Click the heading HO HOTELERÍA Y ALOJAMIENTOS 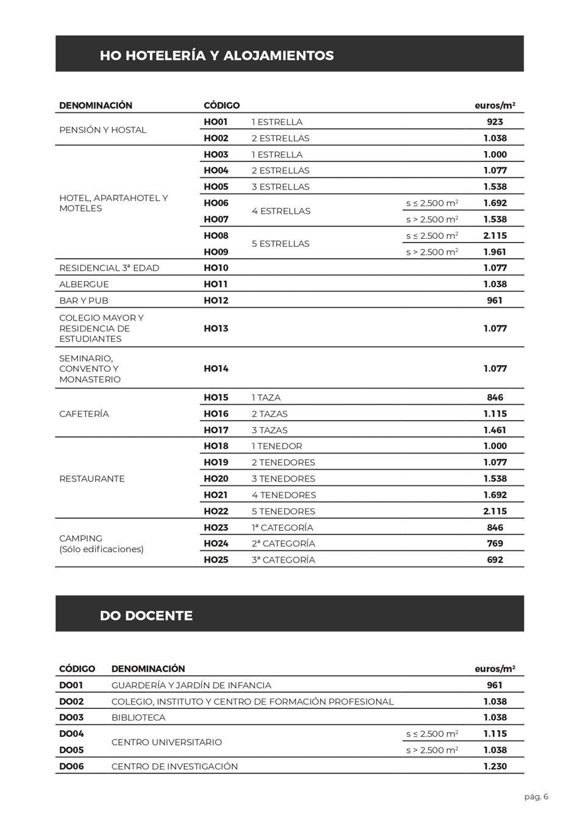[216, 55]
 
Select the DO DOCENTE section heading [146, 616]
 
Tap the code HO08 [216, 236]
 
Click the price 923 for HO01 [495, 122]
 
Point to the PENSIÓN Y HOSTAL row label [102, 130]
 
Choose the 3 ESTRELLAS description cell [280, 187]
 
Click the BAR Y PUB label [83, 301]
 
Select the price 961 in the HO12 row [495, 301]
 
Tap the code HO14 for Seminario [216, 369]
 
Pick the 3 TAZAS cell [269, 430]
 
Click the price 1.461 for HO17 [495, 430]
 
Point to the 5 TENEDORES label [283, 511]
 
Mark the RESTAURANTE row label [91, 479]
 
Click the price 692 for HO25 [495, 560]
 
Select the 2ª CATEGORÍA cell [283, 544]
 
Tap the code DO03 [71, 718]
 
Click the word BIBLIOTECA [138, 718]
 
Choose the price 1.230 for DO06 [495, 767]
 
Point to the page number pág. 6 [536, 797]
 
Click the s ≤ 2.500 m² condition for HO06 [432, 204]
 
